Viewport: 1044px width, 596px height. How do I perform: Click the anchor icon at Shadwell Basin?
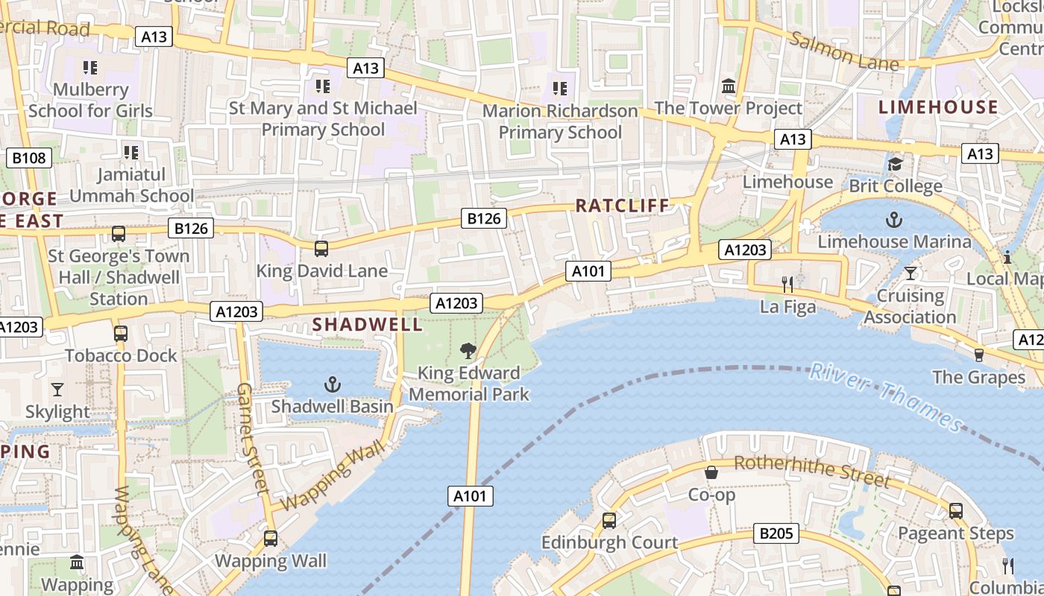coord(333,384)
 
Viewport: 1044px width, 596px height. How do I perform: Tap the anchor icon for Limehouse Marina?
coord(893,220)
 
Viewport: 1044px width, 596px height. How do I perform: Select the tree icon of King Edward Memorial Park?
coord(468,350)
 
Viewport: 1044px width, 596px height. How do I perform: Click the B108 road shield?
coord(29,158)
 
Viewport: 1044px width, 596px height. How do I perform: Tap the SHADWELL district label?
coord(367,325)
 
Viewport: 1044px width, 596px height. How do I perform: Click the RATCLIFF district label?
coord(623,206)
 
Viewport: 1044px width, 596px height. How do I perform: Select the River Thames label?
coord(887,396)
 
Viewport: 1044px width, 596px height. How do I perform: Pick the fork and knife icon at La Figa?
coord(787,284)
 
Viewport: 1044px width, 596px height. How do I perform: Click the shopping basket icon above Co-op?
coord(711,472)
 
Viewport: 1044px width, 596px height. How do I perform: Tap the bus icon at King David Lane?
coord(321,248)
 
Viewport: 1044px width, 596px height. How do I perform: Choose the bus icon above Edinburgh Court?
coord(609,520)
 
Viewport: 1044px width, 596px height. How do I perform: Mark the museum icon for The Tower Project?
coord(729,86)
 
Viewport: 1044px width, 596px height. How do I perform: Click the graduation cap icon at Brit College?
coord(894,164)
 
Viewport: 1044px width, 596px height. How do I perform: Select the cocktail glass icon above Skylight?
coord(57,390)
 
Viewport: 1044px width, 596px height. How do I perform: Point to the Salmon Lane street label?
coord(844,51)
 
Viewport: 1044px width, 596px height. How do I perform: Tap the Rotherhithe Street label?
coord(811,471)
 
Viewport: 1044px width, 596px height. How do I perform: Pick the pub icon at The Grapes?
coord(979,355)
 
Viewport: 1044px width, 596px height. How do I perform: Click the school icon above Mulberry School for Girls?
coord(90,68)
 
